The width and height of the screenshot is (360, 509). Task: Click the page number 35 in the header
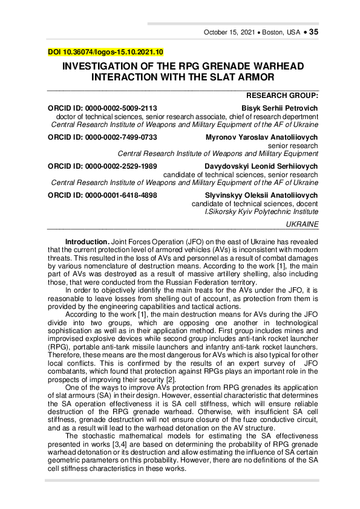313,32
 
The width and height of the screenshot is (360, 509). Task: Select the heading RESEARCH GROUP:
282,96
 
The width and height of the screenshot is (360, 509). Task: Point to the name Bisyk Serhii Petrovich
279,108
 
